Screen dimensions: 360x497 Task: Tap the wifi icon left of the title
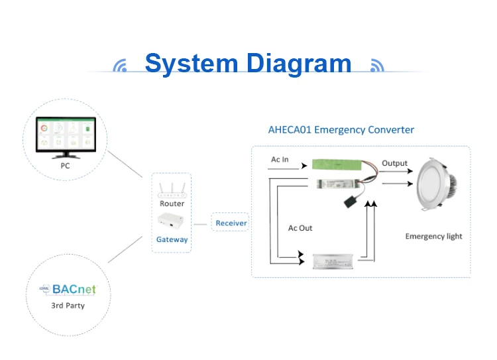pyautogui.click(x=120, y=66)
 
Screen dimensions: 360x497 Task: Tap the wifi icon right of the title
pyautogui.click(x=376, y=66)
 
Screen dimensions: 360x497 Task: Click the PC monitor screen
pyautogui.click(x=65, y=136)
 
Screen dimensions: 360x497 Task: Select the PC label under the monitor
pyautogui.click(x=65, y=166)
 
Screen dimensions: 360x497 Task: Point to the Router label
pyautogui.click(x=172, y=204)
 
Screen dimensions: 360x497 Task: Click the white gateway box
pyautogui.click(x=172, y=222)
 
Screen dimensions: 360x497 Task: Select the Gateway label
pyautogui.click(x=172, y=239)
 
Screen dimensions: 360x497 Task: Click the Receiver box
pyautogui.click(x=231, y=223)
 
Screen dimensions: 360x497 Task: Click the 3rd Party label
pyautogui.click(x=68, y=306)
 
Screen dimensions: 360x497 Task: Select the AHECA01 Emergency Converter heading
pyautogui.click(x=341, y=130)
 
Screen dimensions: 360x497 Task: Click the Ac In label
pyautogui.click(x=280, y=160)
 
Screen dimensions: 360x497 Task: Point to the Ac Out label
pyautogui.click(x=300, y=228)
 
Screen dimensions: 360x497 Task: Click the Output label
pyautogui.click(x=394, y=163)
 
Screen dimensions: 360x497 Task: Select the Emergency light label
pyautogui.click(x=433, y=236)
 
